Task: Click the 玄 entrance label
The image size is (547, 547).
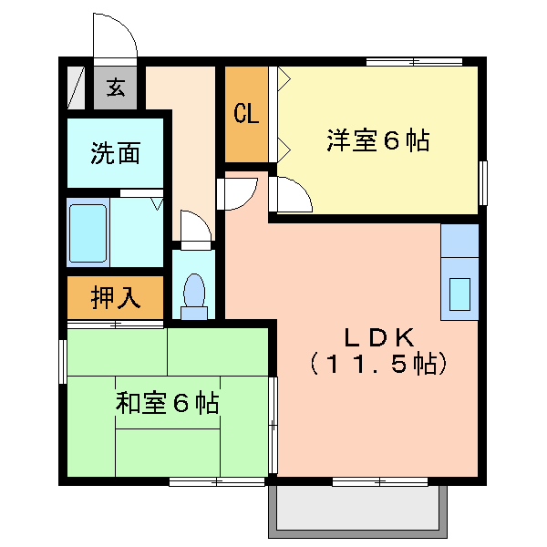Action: click(x=116, y=88)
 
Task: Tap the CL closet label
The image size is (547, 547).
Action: click(x=246, y=113)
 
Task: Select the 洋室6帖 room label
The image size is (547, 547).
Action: click(x=377, y=140)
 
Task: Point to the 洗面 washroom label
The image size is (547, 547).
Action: click(x=116, y=153)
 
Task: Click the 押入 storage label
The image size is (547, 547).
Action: click(x=116, y=297)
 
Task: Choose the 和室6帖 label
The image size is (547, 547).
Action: click(x=167, y=403)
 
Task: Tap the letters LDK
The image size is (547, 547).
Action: click(x=379, y=337)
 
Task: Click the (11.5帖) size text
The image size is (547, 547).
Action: click(x=378, y=364)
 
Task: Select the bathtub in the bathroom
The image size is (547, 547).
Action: click(x=88, y=233)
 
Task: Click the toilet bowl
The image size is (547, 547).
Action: click(x=194, y=290)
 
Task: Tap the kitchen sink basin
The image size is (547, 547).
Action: click(x=459, y=294)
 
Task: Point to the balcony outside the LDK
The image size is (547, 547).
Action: click(x=357, y=511)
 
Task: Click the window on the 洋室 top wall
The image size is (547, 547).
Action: click(x=414, y=62)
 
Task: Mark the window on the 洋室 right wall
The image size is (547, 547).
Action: click(x=483, y=183)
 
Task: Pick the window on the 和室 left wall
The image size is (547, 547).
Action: click(x=63, y=362)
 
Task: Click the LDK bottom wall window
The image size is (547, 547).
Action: click(x=380, y=482)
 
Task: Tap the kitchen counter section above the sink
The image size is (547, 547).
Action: click(x=459, y=241)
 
